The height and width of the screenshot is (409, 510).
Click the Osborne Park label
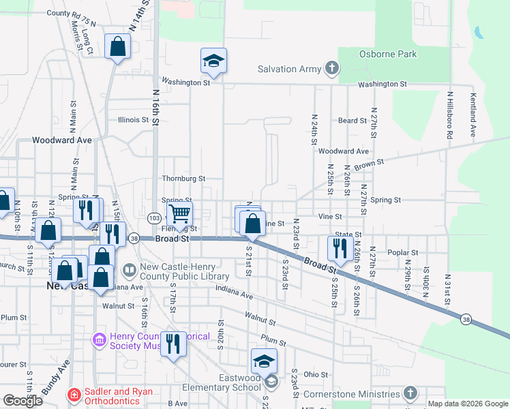[x=389, y=54]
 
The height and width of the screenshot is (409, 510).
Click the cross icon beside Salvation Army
[x=331, y=68]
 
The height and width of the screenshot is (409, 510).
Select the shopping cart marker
[x=179, y=214]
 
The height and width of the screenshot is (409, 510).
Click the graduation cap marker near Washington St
[x=213, y=61]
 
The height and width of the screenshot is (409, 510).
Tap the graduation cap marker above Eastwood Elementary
[x=264, y=361]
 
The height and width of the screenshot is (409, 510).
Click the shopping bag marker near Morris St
[x=117, y=47]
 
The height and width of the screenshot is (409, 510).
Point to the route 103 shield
[x=153, y=217]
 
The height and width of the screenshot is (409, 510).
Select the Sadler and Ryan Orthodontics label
[x=119, y=396]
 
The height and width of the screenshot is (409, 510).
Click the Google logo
[x=22, y=401]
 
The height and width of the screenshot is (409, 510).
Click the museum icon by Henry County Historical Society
[x=98, y=339]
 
